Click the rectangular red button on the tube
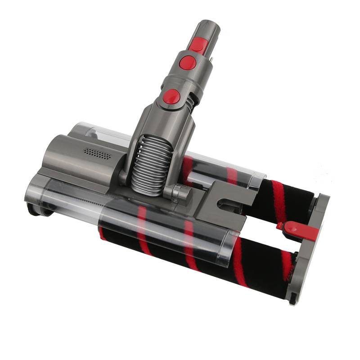point(198,45)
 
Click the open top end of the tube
point(209,25)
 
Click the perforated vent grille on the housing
point(97,154)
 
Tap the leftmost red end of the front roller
point(102,234)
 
